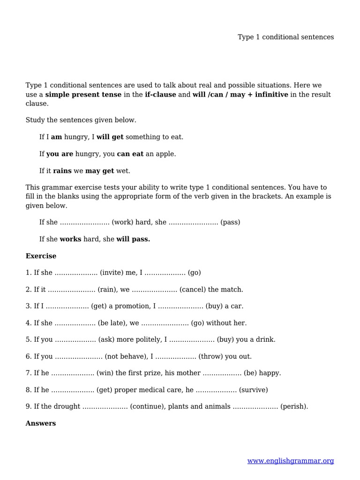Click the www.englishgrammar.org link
[291, 461]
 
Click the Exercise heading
[41, 256]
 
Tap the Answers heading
[41, 423]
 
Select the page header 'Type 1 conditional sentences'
[285, 37]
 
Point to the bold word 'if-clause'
[160, 95]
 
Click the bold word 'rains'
[62, 171]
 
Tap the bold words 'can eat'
[130, 154]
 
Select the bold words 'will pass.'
[133, 239]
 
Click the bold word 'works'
[70, 239]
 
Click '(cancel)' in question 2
[192, 290]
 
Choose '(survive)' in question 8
[253, 390]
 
